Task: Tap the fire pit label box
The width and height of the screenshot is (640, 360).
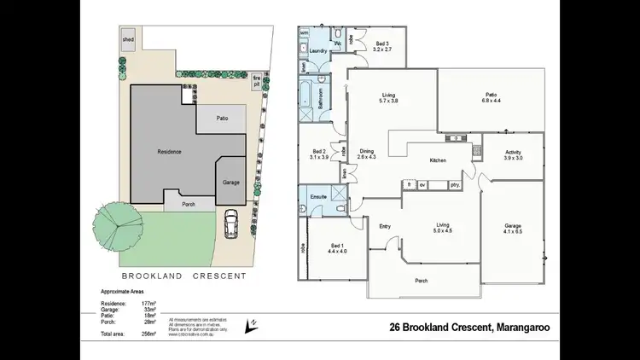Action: click(x=255, y=83)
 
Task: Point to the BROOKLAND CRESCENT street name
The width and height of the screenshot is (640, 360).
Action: click(x=183, y=276)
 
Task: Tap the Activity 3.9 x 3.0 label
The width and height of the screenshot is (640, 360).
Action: click(x=512, y=155)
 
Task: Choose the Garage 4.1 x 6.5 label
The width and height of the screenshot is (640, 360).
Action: click(x=512, y=229)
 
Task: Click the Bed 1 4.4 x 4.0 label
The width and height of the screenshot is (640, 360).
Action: click(x=337, y=248)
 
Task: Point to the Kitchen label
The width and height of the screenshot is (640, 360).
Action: click(x=438, y=160)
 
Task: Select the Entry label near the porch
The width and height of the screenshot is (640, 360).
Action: click(x=385, y=225)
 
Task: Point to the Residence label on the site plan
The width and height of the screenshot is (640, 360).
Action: click(x=169, y=150)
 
